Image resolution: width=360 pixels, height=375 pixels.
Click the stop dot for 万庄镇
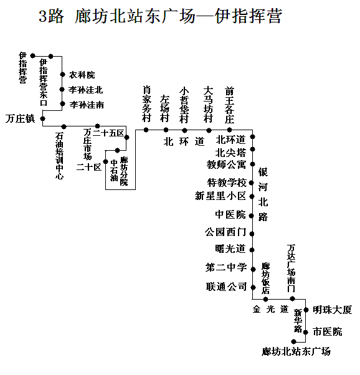coord(42,118)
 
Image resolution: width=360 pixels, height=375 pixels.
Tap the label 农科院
coord(82,75)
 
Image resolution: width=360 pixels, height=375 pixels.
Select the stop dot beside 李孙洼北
coord(62,90)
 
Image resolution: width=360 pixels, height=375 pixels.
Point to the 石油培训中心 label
coord(59,156)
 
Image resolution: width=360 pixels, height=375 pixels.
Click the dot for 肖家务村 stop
coord(146,130)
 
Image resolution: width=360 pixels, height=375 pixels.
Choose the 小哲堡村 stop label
coord(184,105)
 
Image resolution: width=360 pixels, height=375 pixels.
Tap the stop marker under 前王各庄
coord(229,130)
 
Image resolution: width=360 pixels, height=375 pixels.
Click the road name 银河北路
coord(263,194)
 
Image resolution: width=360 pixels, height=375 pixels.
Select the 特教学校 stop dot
coord(251,183)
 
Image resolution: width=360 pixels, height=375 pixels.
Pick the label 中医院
coord(230,214)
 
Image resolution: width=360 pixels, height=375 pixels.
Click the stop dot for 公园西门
coord(252,234)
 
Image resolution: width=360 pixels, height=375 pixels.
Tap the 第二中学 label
coord(226,267)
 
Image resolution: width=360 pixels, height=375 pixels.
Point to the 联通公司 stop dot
coord(253,287)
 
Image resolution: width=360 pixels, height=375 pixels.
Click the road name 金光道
coord(271,309)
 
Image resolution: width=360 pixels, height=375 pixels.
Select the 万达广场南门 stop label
coord(291,268)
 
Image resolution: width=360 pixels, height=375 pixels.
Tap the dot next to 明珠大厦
coord(306,310)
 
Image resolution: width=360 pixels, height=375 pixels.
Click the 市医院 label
coord(328,332)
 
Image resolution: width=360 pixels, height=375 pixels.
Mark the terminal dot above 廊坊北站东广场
coord(294,341)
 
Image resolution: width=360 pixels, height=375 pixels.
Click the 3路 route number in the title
coord(51,16)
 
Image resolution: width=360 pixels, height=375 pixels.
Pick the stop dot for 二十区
coord(105,162)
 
